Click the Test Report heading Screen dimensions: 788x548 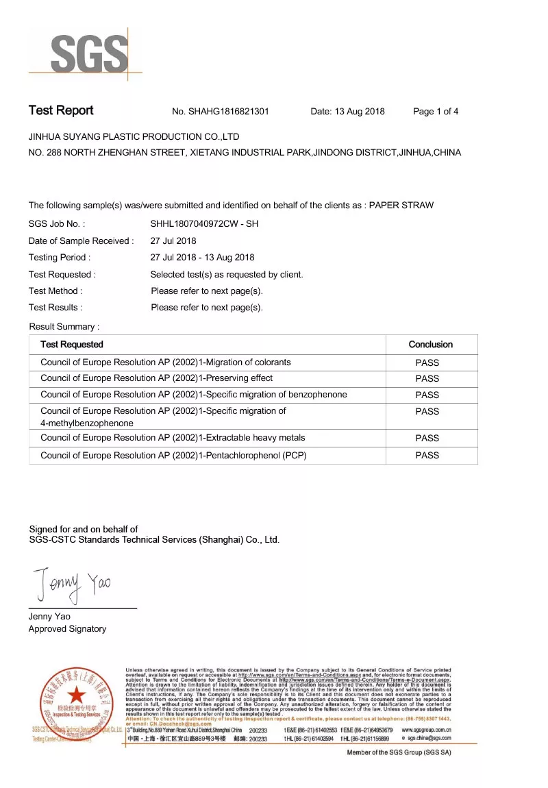coord(61,111)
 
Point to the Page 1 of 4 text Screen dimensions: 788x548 coord(436,112)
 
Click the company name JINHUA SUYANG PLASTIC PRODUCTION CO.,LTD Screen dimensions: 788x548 coord(134,137)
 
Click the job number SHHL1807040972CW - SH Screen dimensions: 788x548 coord(204,224)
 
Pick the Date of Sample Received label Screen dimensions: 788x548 coord(81,241)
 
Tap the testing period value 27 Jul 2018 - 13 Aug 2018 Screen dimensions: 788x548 coord(202,258)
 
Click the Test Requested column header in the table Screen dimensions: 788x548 coord(72,345)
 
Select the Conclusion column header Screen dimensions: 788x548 coord(430,345)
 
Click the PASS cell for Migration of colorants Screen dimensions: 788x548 coord(427,362)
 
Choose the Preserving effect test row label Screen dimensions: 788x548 coord(156,378)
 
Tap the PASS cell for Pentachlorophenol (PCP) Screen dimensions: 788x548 coord(427,455)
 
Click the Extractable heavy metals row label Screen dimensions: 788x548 coord(163,438)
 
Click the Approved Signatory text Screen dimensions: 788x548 coord(67,629)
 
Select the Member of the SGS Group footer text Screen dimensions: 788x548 coord(399,752)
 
